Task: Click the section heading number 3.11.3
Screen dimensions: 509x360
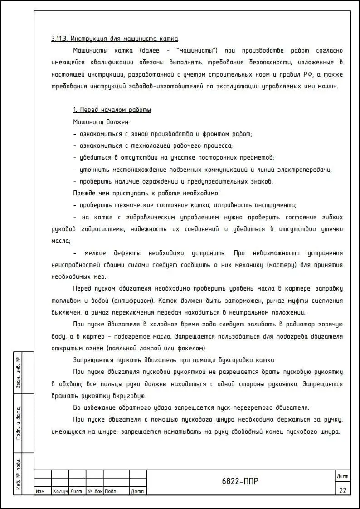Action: coord(60,39)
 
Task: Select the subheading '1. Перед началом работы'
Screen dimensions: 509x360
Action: coord(112,110)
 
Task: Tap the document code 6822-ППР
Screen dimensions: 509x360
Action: coord(240,481)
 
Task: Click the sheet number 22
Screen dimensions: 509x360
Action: coord(342,490)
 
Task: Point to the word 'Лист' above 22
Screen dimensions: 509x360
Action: coord(342,476)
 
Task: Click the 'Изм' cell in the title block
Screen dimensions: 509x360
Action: coord(40,491)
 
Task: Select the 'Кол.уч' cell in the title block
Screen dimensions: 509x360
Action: coord(60,491)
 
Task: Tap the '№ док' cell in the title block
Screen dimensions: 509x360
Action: coord(95,491)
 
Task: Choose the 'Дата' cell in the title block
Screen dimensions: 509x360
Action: coord(137,491)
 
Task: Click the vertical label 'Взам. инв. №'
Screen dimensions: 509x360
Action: coord(19,373)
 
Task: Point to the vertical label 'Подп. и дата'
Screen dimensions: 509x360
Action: coord(19,423)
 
